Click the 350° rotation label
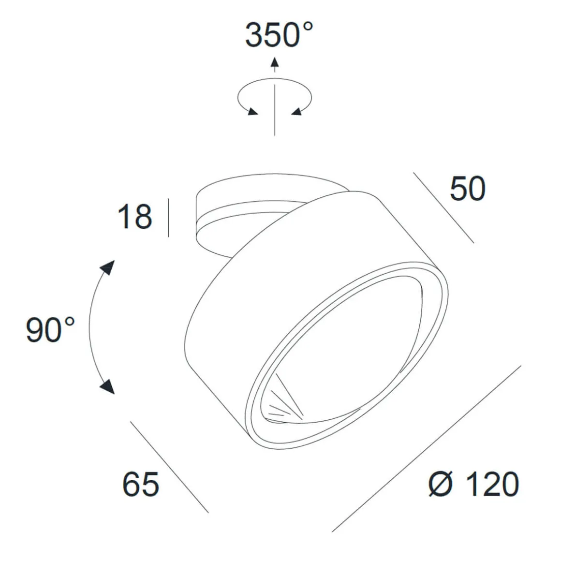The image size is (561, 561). [279, 35]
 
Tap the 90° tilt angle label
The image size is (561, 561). [50, 329]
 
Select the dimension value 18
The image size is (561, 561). [134, 217]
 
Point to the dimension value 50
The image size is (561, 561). [468, 189]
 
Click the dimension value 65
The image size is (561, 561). [141, 484]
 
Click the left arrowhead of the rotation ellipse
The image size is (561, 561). [252, 111]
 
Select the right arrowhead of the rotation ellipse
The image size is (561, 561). [296, 111]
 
